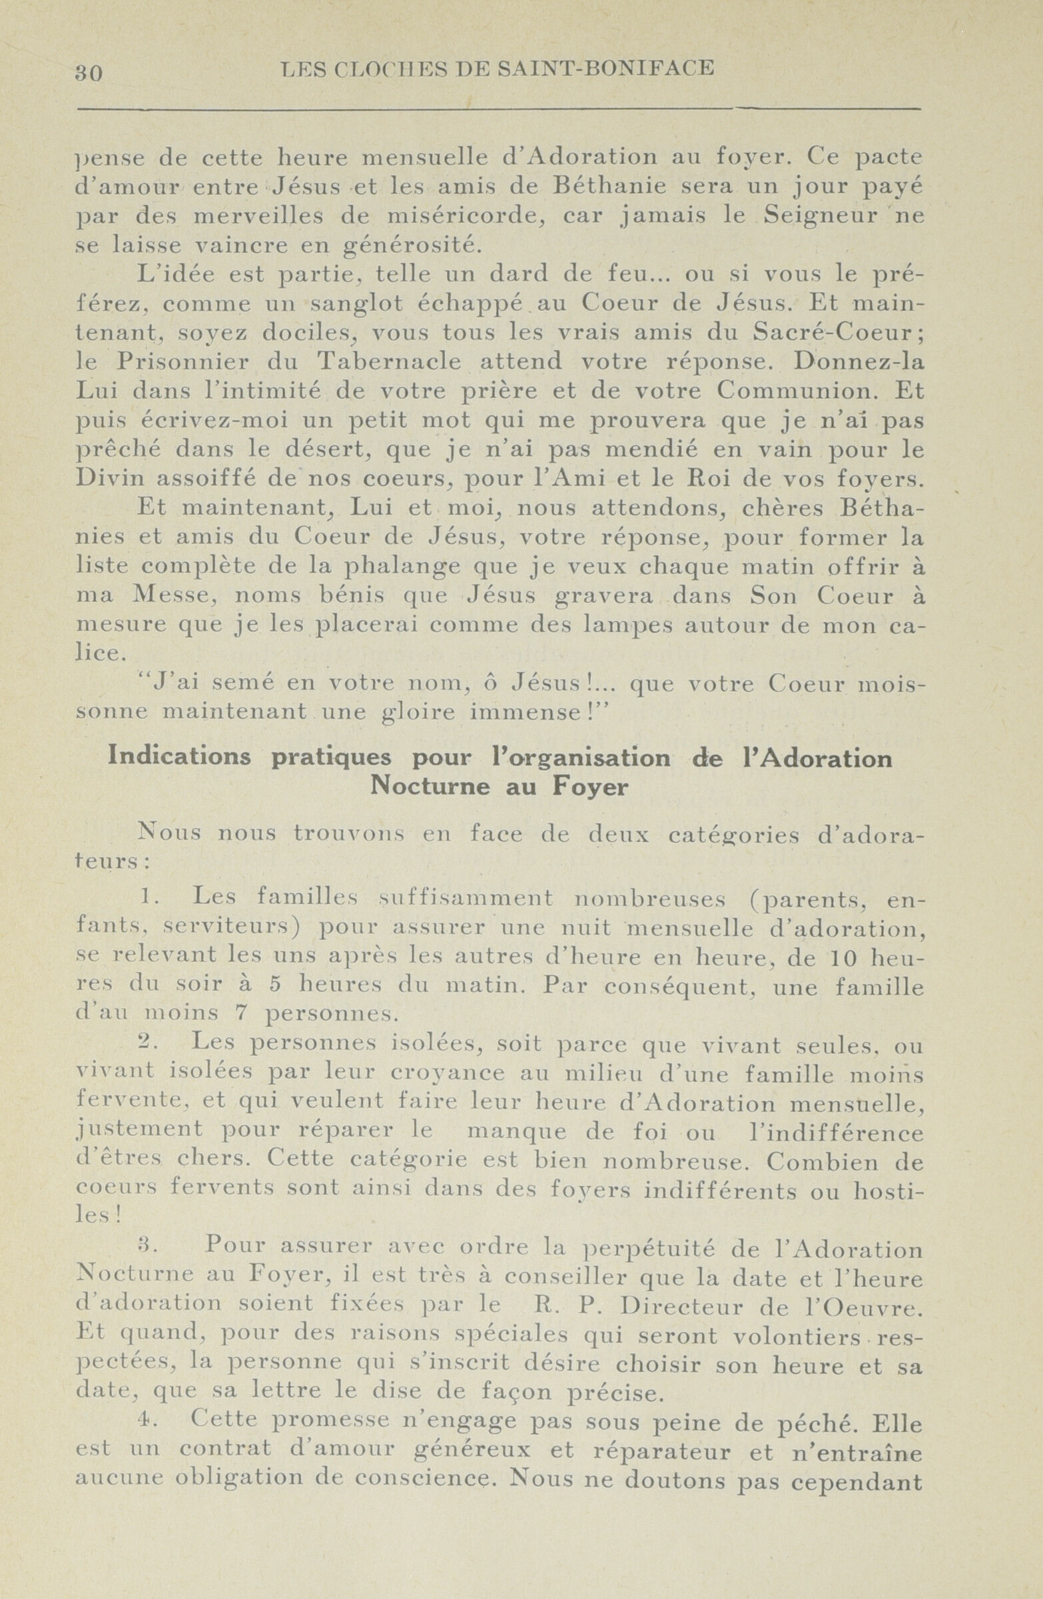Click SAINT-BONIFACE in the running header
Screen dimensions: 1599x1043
pyautogui.click(x=605, y=68)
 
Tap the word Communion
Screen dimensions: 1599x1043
pyautogui.click(x=799, y=391)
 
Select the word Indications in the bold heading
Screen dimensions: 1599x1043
pyautogui.click(x=179, y=757)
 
